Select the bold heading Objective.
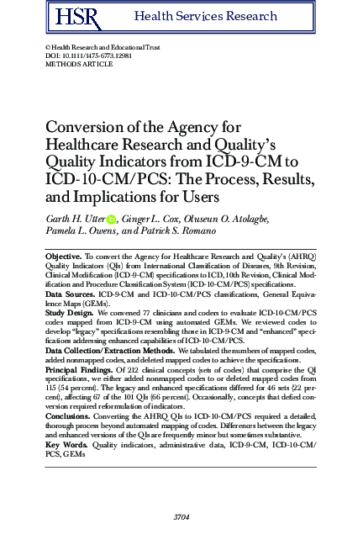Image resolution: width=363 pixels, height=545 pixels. (x=64, y=254)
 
